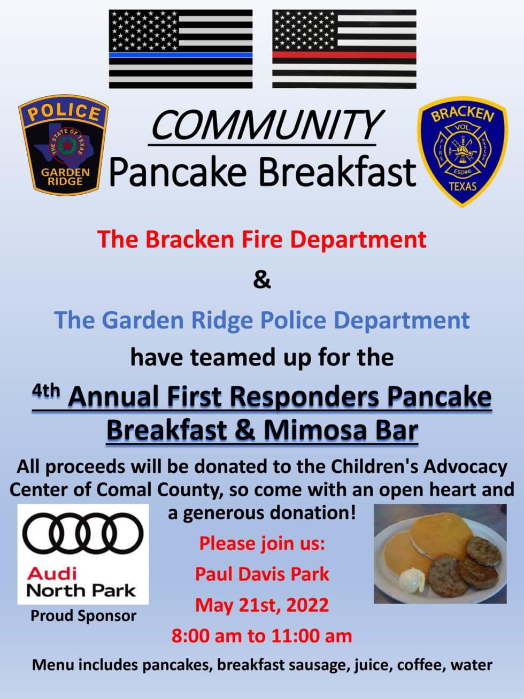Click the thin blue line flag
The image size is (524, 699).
181,49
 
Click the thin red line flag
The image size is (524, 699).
344,49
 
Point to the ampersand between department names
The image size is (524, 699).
262,280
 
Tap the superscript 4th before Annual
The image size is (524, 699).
46,391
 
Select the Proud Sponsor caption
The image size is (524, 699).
83,616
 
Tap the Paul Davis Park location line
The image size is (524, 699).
262,574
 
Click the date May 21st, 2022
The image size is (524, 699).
262,605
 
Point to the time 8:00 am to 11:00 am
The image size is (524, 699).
262,636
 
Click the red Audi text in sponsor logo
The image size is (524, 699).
52,573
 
